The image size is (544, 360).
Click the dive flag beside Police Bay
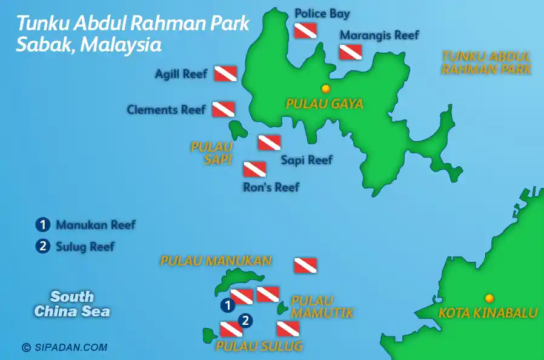point(305,31)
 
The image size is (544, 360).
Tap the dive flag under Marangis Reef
point(351,52)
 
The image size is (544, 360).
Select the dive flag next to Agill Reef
point(225,74)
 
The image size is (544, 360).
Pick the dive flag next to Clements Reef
point(223,109)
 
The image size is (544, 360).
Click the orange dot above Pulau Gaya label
point(325,88)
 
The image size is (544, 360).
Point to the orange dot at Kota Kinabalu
point(489,298)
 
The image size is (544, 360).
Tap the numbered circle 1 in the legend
point(42,225)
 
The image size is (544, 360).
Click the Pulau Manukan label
point(216,261)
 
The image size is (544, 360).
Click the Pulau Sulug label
point(259,347)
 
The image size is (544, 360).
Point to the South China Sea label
point(72,304)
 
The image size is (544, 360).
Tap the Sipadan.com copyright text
point(64,347)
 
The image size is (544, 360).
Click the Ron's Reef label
point(271,187)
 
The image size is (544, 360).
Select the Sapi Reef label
point(307,161)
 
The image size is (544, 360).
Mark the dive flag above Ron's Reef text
point(254,169)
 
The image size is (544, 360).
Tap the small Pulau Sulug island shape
point(210,334)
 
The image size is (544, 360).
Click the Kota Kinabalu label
point(488,313)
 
